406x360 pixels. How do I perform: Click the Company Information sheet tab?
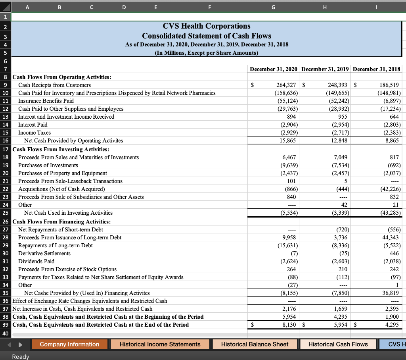coord(69,344)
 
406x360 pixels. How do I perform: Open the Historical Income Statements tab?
coord(160,344)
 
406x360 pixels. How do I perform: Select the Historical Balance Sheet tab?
coord(255,344)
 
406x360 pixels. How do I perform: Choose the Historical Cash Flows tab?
coord(338,344)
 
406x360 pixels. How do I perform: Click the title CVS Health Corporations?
coord(207,26)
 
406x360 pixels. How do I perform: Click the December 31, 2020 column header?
coord(274,69)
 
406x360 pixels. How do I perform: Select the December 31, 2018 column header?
coord(376,69)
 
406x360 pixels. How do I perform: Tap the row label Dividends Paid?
coord(36,261)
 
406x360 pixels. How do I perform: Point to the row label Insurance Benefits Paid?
coord(46,101)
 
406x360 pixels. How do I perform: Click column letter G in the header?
coord(273,6)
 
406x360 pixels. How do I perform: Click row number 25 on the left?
coord(6,213)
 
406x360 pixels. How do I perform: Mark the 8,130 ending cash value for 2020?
coord(287,325)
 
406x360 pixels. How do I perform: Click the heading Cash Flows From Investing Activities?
coord(61,149)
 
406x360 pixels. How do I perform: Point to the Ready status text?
coord(21,356)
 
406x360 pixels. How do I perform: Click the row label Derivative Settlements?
coord(44,253)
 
